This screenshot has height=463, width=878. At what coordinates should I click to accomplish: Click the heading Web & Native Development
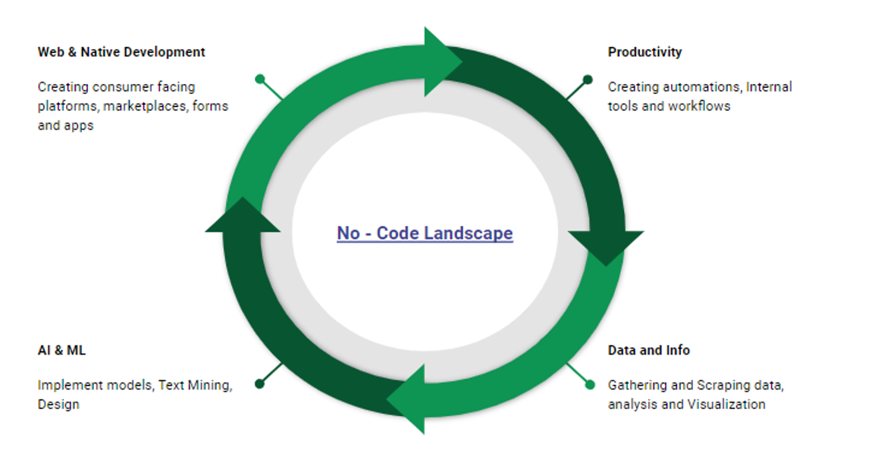point(121,52)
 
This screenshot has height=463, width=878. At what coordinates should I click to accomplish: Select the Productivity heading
point(644,52)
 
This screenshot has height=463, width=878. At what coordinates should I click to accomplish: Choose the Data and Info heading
point(649,351)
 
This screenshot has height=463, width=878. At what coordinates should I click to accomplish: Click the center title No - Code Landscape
point(425,233)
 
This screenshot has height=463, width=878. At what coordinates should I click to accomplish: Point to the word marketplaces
point(146,106)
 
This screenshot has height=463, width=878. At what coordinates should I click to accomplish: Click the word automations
point(702,87)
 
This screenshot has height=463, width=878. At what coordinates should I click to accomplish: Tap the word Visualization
point(726,405)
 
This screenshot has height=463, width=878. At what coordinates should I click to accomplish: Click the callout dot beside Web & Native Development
point(260,79)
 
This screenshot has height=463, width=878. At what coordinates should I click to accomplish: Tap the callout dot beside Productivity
point(588,79)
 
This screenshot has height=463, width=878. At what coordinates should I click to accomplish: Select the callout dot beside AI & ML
point(260,383)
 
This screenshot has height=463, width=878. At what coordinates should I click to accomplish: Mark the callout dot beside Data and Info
point(590,384)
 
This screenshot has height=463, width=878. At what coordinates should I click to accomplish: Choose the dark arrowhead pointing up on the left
point(243,216)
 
